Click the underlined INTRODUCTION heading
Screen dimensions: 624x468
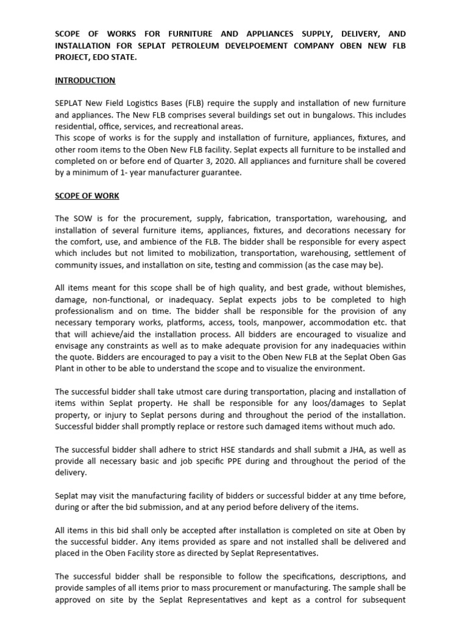[85, 80]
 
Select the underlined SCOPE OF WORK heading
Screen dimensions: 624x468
[87, 196]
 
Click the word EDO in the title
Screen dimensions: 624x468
[100, 57]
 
